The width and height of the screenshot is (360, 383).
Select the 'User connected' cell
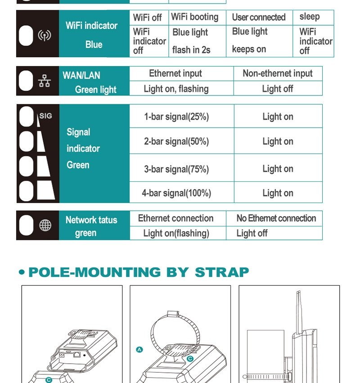(259, 18)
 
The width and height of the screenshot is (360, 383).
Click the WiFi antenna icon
(45, 36)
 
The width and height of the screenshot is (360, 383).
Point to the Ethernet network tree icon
(45, 81)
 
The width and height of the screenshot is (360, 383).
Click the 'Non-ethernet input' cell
(278, 73)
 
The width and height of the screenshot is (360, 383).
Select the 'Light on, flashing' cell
(181, 88)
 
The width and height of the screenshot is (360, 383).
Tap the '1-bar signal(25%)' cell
(182, 116)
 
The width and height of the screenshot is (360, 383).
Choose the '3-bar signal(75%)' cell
(182, 168)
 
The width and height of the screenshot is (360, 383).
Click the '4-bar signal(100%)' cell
(182, 193)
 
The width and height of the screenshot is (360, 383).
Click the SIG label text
(45, 116)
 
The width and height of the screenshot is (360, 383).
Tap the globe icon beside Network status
(45, 225)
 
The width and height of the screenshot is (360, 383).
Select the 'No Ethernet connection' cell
(274, 218)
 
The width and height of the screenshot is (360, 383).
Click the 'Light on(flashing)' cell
(178, 233)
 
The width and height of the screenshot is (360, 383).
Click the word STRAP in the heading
(222, 272)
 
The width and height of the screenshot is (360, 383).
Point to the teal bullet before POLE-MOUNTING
(22, 272)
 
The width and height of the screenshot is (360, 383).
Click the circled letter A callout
(139, 350)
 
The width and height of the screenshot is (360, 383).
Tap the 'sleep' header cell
(313, 18)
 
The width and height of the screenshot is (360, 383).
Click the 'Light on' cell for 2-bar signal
(278, 141)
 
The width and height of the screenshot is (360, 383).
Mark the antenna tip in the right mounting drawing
(299, 291)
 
